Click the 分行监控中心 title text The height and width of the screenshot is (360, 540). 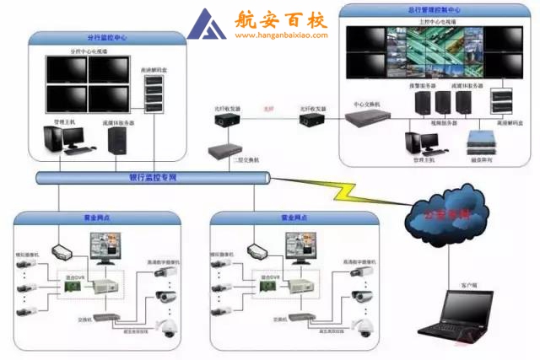pyautogui.click(x=107, y=38)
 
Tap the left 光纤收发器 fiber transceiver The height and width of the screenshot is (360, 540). pyautogui.click(x=227, y=120)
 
